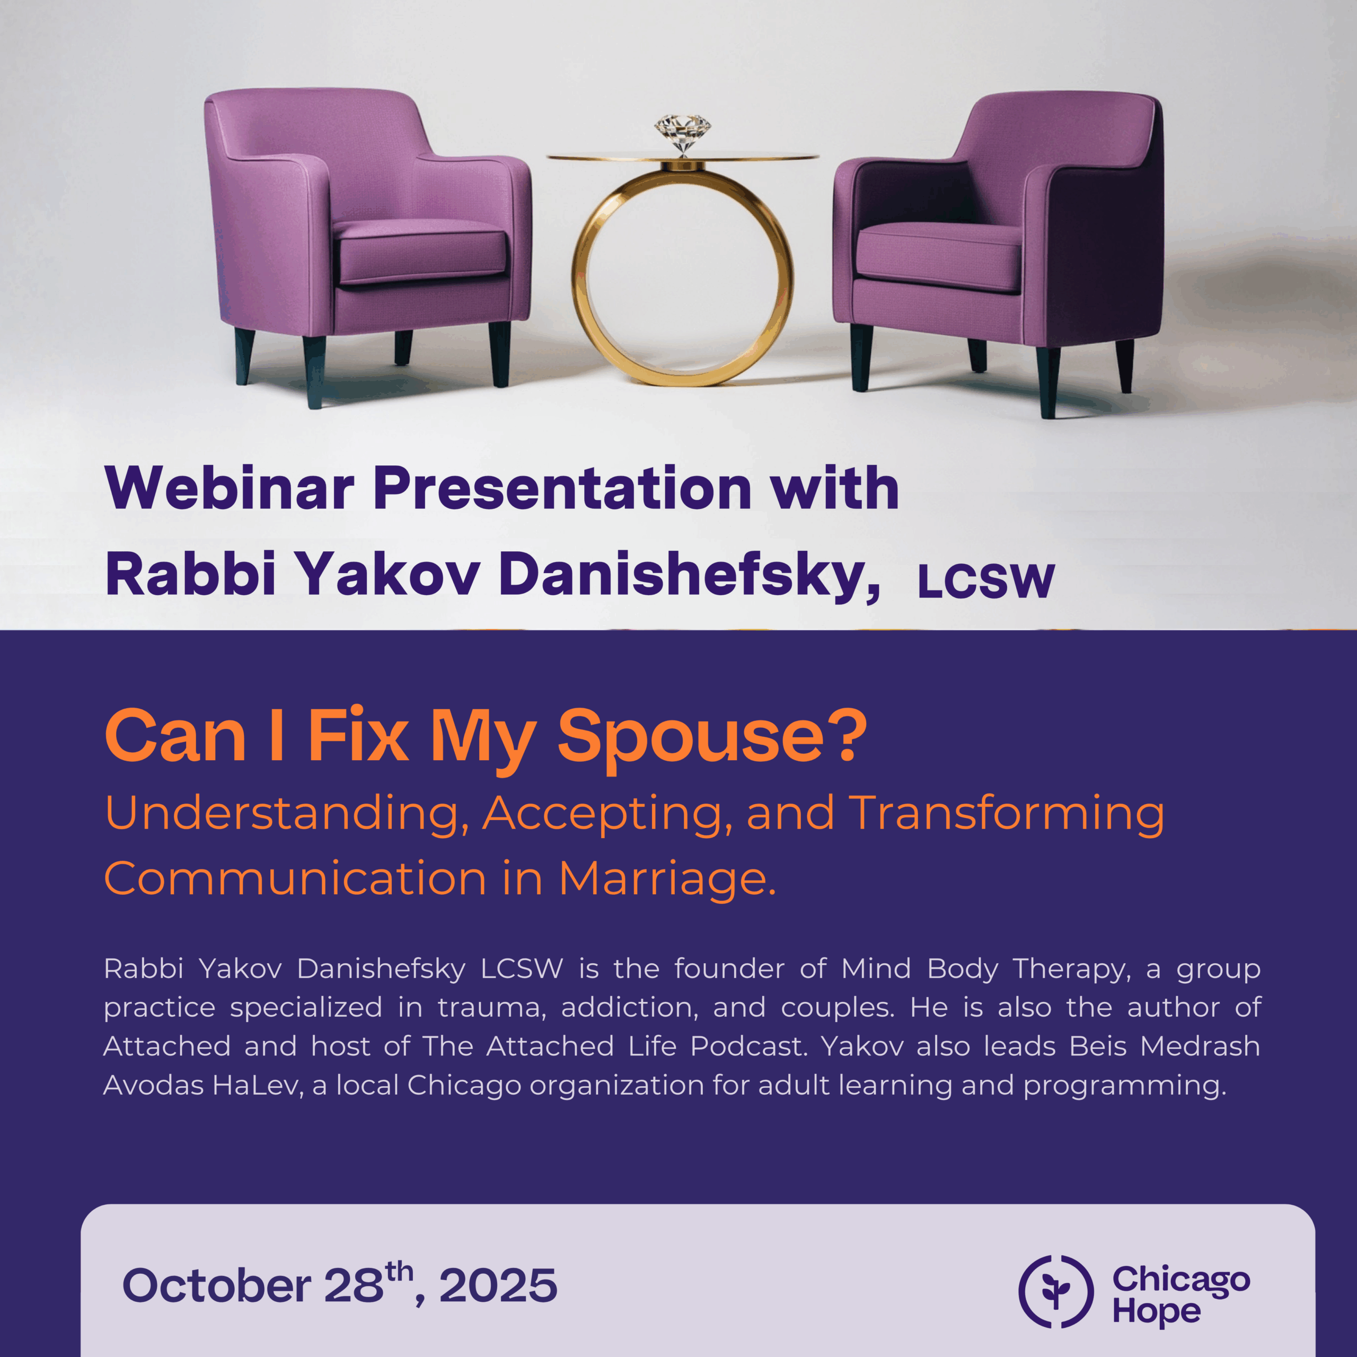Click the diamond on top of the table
point(682,134)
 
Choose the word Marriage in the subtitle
point(667,879)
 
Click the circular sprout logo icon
point(1056,1291)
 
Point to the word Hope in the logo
point(1156,1311)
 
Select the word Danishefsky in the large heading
point(690,575)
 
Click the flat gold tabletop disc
point(683,157)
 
